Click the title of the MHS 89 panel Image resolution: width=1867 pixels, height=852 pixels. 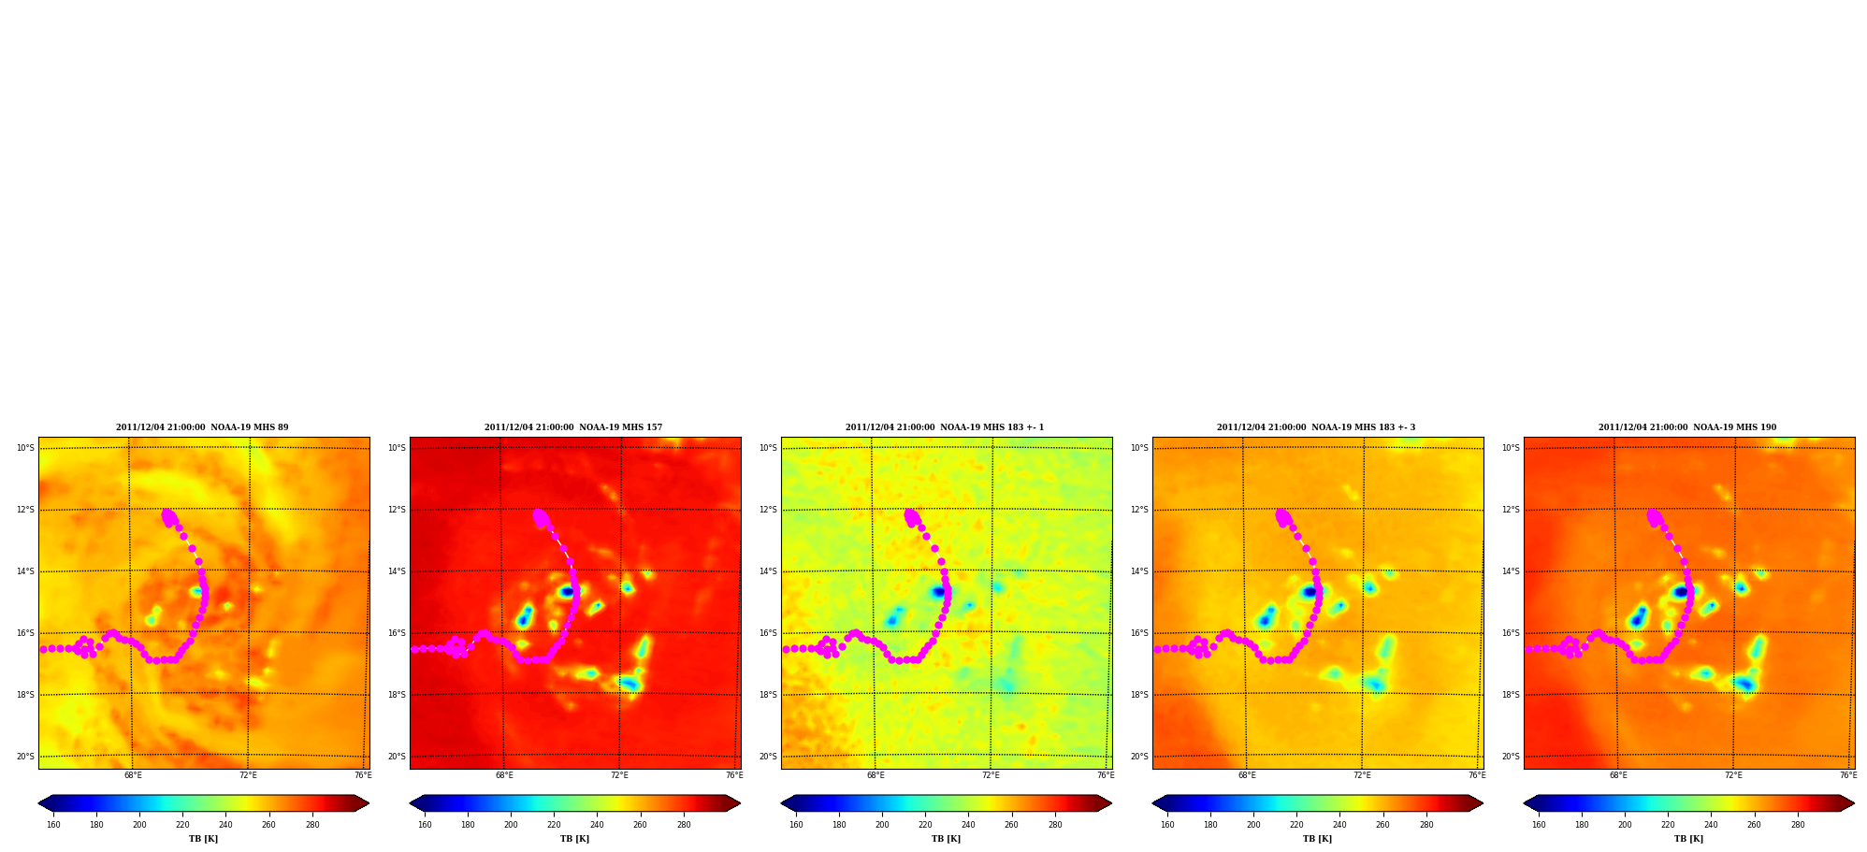click(x=202, y=427)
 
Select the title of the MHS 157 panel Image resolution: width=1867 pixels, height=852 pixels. click(x=573, y=427)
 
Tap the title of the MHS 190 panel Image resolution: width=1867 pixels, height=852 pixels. click(x=1687, y=427)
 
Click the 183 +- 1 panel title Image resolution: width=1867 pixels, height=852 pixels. click(x=945, y=427)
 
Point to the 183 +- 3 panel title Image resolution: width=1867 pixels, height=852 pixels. click(x=1316, y=427)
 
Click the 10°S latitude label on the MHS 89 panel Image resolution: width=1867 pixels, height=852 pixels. click(x=25, y=448)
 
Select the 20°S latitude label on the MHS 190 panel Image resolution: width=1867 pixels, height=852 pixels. click(x=1511, y=757)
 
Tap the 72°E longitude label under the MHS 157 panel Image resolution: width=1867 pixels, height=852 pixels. click(x=619, y=775)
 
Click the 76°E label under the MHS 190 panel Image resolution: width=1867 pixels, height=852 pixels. click(x=1848, y=775)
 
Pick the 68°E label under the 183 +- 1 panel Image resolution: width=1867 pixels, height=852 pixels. click(x=876, y=775)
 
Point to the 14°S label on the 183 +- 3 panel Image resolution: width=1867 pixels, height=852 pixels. click(x=1139, y=571)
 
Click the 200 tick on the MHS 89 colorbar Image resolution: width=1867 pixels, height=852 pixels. click(x=139, y=825)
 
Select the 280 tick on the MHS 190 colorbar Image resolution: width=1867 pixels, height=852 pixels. click(x=1798, y=825)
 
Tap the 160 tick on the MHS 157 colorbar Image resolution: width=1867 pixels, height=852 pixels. click(x=425, y=825)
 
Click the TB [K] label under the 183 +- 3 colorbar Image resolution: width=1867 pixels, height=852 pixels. click(x=1318, y=839)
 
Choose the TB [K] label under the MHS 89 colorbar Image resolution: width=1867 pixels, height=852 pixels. click(x=204, y=839)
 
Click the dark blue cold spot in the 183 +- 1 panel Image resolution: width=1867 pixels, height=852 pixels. click(x=938, y=591)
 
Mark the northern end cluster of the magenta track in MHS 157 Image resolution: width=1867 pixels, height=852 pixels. click(x=541, y=517)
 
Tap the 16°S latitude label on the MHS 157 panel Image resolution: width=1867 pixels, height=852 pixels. click(x=397, y=633)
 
